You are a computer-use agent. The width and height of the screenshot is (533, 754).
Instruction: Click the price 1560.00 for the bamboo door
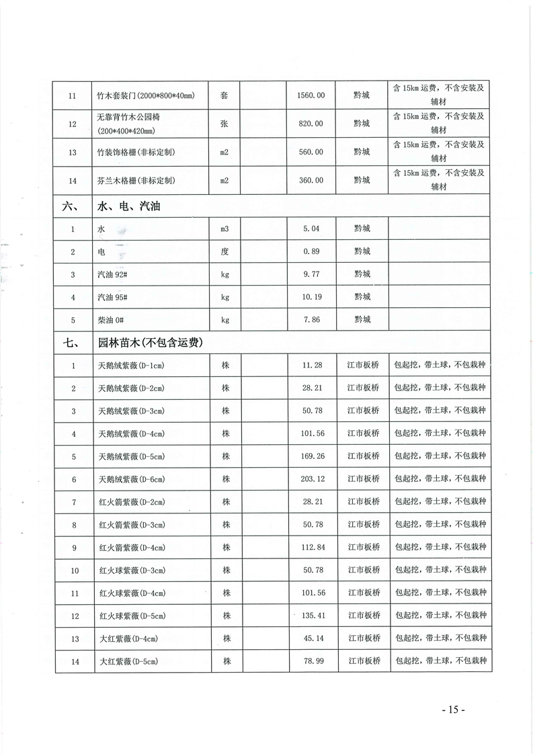tap(311, 95)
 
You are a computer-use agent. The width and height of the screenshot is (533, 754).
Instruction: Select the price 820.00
tap(311, 124)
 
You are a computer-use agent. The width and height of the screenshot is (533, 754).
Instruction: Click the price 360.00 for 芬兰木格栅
tap(311, 181)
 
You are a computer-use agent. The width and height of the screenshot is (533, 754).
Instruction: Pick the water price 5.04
tap(311, 229)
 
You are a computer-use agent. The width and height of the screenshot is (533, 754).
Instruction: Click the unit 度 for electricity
tap(224, 251)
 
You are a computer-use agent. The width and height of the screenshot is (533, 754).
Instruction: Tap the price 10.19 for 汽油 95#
tap(311, 297)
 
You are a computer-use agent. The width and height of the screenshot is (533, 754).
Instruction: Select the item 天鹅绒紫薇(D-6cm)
tap(132, 479)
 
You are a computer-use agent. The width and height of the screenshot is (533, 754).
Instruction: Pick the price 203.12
tap(311, 479)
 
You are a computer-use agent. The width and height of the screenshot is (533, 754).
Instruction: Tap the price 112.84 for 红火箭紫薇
tap(311, 548)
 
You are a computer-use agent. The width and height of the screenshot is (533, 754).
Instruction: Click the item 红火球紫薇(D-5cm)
tap(132, 616)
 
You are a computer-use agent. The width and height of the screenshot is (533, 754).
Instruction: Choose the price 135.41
tap(311, 616)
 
